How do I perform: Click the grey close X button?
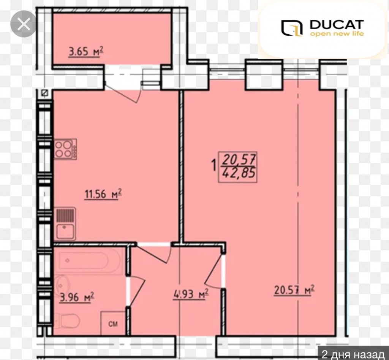[23, 24]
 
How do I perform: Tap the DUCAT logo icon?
[292, 28]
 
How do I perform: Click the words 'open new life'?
[337, 33]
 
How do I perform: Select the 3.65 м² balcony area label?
[86, 52]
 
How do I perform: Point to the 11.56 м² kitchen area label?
[103, 194]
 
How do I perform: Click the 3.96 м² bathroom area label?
[77, 297]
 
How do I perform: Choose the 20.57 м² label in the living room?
[294, 290]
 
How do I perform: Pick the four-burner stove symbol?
[65, 149]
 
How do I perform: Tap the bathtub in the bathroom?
[89, 260]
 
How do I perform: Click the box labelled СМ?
[113, 323]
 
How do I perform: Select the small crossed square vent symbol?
[44, 93]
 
